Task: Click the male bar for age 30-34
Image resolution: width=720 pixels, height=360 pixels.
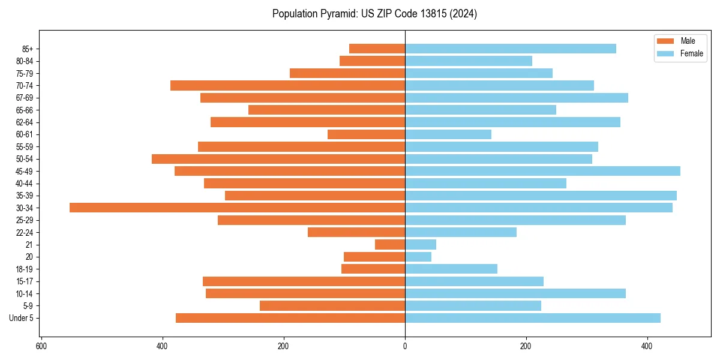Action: click(x=237, y=208)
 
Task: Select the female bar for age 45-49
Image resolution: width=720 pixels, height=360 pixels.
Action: click(x=542, y=171)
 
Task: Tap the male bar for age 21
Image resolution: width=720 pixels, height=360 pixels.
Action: click(x=390, y=245)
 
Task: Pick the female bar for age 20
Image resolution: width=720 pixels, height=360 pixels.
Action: click(x=418, y=257)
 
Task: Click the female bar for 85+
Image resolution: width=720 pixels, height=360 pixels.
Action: click(x=510, y=49)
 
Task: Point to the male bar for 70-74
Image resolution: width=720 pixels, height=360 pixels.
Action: click(x=287, y=85)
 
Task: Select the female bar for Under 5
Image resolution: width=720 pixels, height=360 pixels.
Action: click(x=533, y=318)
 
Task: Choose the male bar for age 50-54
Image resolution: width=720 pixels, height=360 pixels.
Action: click(x=278, y=159)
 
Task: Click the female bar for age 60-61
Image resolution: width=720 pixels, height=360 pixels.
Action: click(x=448, y=134)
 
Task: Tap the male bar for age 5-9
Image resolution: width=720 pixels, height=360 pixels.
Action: click(x=332, y=305)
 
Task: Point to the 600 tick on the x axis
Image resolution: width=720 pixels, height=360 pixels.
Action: click(x=41, y=346)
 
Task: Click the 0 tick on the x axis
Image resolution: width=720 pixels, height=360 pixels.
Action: click(x=405, y=346)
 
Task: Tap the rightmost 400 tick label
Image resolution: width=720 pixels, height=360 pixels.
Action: click(x=647, y=346)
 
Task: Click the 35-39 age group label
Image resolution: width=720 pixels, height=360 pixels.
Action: click(x=25, y=196)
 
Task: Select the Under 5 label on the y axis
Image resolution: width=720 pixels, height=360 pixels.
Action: click(x=22, y=318)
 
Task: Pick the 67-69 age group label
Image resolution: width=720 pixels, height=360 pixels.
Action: click(x=25, y=98)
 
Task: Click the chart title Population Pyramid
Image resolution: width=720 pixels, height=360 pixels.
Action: click(x=374, y=14)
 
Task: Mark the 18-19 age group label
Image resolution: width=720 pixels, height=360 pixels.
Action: click(x=25, y=269)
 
